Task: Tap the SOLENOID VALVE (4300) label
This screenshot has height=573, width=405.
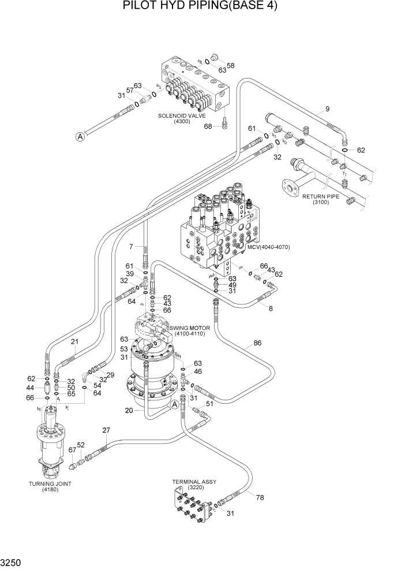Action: pos(181,118)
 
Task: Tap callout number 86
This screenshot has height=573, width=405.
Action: pos(257,343)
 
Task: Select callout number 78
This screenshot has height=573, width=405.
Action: pos(260,497)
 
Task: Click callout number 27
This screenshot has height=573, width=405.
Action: pos(106,430)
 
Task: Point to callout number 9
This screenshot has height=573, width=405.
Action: pos(327,109)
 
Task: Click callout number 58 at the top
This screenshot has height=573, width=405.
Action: pos(230,65)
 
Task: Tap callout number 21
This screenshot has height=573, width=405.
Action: pos(74,342)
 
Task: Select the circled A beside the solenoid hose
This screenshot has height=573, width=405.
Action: pos(80,136)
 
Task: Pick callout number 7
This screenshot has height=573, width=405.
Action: pos(131,247)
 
